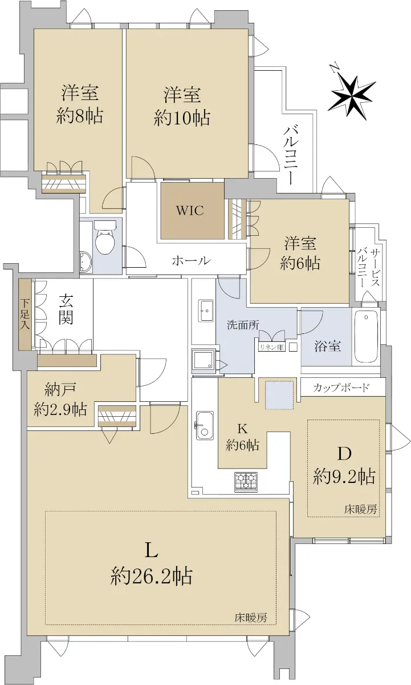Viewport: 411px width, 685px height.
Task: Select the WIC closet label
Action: [x=190, y=211]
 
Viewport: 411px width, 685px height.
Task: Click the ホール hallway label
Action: [x=191, y=260]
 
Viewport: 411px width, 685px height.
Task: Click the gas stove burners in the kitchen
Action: [x=246, y=482]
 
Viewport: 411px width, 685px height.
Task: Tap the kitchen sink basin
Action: [x=205, y=425]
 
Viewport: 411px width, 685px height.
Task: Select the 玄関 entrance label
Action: [x=66, y=310]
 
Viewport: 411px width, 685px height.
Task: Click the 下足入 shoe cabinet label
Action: [x=25, y=314]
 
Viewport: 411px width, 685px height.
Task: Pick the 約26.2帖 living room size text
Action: [x=152, y=576]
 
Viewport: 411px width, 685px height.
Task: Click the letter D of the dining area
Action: [x=344, y=454]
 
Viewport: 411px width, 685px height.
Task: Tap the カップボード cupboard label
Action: [x=341, y=388]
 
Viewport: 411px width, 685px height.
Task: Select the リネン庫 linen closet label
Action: [x=272, y=347]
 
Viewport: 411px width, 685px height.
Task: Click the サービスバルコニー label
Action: [x=369, y=267]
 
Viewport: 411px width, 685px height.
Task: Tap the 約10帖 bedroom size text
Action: [x=182, y=118]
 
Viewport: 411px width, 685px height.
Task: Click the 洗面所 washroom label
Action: [x=243, y=325]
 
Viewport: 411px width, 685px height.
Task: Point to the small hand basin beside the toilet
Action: [x=86, y=262]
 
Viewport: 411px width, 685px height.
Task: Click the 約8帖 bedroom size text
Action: [x=80, y=116]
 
